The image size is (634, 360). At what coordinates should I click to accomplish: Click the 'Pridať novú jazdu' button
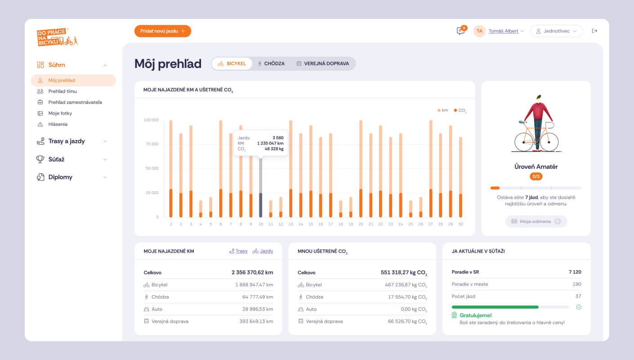[162, 31]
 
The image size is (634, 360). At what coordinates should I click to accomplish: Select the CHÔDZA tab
[271, 63]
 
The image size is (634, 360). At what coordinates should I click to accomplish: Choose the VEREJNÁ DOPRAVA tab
[322, 63]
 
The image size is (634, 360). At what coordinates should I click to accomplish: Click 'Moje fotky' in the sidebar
[60, 113]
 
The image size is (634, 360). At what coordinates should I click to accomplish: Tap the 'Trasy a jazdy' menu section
[67, 141]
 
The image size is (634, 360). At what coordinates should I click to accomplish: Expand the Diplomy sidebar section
[60, 177]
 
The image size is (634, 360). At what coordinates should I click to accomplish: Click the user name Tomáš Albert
[503, 31]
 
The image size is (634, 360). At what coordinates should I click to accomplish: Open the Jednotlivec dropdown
[556, 31]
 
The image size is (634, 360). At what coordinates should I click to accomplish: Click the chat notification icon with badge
[460, 31]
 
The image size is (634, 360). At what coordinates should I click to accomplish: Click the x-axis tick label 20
[361, 224]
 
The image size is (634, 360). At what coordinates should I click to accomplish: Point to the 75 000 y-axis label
[151, 144]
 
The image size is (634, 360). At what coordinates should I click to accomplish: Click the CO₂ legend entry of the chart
[460, 110]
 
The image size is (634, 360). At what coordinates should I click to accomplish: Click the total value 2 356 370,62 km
[252, 273]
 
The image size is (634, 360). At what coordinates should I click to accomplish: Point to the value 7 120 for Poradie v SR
[575, 272]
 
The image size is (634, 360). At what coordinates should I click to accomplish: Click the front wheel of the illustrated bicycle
[549, 142]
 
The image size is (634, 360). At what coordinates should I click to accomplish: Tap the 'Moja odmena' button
[536, 221]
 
